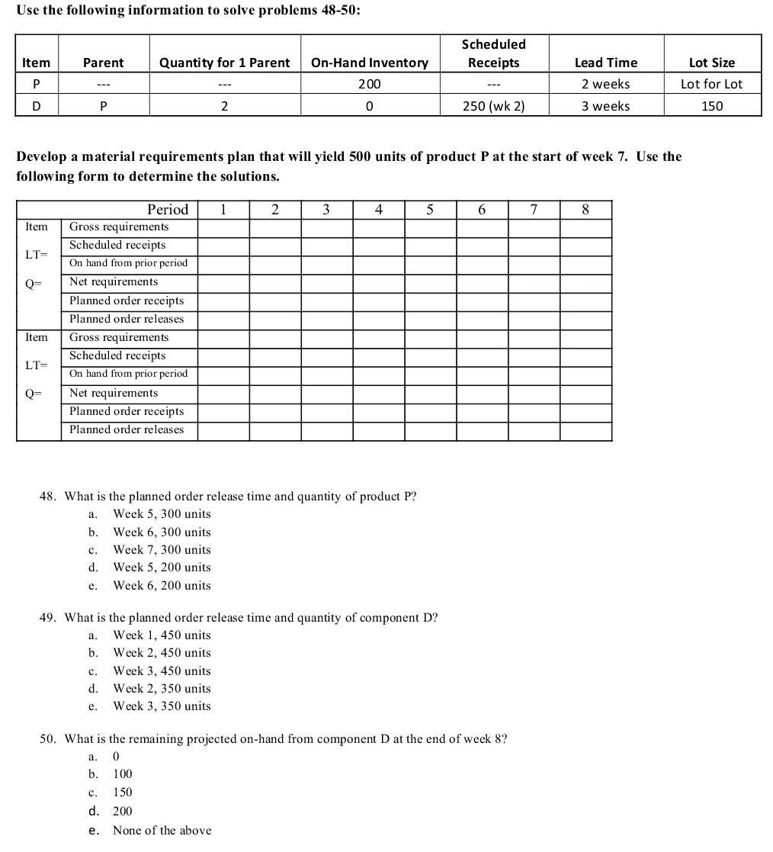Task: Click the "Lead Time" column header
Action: [x=605, y=63]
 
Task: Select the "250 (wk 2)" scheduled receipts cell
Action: [x=494, y=106]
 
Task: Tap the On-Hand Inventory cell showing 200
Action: [x=369, y=84]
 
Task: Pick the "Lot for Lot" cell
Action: [x=711, y=84]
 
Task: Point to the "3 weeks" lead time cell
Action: [x=605, y=106]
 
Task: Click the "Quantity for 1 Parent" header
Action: [x=224, y=63]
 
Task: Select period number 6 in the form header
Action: [x=482, y=210]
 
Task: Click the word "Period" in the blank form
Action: [x=167, y=210]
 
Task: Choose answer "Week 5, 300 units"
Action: [x=162, y=514]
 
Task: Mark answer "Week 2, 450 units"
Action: [x=162, y=653]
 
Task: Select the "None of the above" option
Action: [x=162, y=831]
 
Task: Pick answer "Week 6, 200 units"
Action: [x=162, y=586]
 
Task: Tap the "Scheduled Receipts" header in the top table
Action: [x=493, y=53]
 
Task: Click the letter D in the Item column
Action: [x=36, y=106]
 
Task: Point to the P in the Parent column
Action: [x=103, y=106]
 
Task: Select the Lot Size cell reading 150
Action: [x=711, y=106]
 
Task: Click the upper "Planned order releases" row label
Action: [x=127, y=319]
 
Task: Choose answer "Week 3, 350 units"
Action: [x=162, y=706]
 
